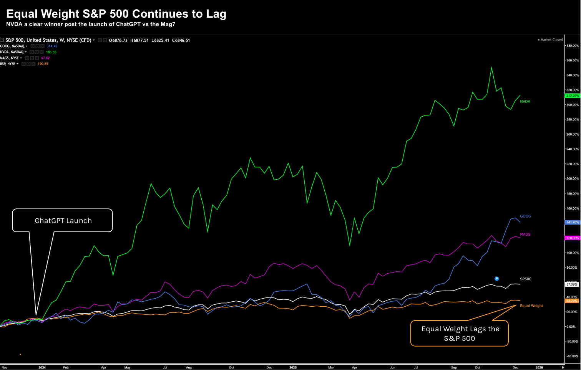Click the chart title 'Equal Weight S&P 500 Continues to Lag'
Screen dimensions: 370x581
(116, 14)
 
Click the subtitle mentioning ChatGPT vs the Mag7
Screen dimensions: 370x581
(91, 24)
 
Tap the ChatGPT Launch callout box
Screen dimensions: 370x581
(63, 220)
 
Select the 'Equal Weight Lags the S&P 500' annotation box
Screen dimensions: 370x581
(460, 333)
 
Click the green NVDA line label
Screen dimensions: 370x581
(525, 101)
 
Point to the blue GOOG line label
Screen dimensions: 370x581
(525, 216)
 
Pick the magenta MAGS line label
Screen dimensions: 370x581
(525, 234)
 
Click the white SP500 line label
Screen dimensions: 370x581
(525, 279)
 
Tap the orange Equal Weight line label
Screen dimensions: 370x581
(531, 306)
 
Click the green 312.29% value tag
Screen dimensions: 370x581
(572, 96)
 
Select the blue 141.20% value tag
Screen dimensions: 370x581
(572, 222)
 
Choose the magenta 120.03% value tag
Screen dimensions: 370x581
(572, 238)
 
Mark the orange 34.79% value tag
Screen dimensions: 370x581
(572, 301)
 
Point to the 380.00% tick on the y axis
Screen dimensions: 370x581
(572, 46)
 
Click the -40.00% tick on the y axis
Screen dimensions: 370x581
(572, 356)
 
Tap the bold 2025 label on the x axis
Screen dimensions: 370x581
(293, 367)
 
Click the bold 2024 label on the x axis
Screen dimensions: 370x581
(42, 367)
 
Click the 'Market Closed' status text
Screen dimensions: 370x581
(551, 40)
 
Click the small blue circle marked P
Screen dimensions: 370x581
(497, 279)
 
